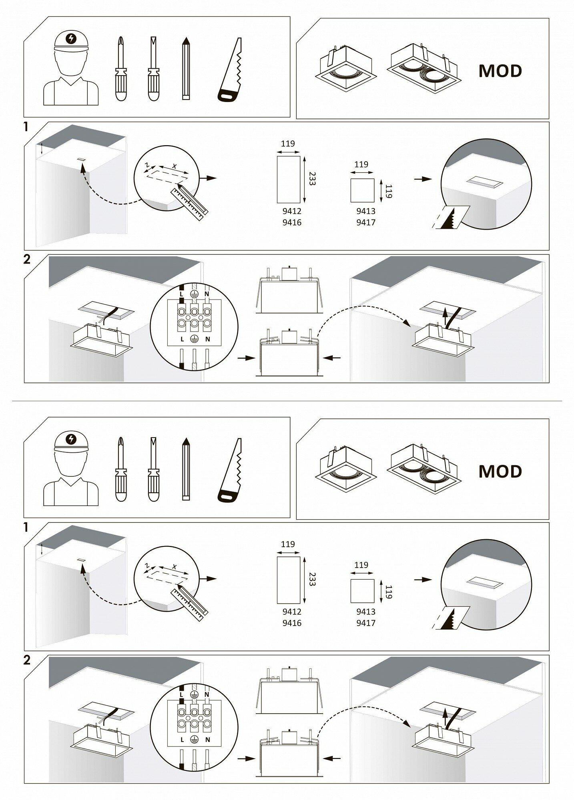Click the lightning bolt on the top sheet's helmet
[71, 38]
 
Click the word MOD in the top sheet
[500, 71]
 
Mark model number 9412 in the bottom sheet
[292, 612]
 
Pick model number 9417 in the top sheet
[366, 222]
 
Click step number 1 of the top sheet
[26, 127]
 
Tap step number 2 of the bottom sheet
[26, 660]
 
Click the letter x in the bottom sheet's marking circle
[174, 566]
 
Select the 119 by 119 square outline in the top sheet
[362, 190]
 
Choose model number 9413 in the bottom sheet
[366, 612]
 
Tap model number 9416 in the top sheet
[292, 222]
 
